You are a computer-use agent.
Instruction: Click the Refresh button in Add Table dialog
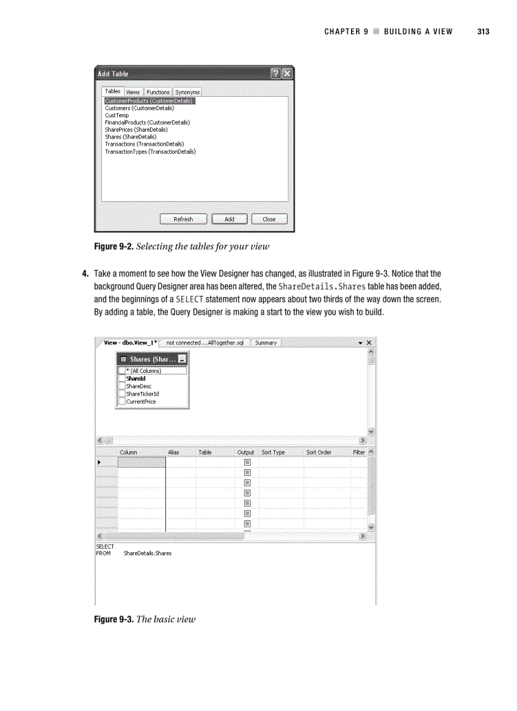[x=183, y=219]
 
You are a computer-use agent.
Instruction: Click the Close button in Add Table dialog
[x=269, y=219]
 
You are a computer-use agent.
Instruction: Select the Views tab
[x=133, y=92]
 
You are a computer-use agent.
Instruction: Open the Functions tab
[x=158, y=92]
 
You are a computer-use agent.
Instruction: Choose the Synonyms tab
[x=188, y=92]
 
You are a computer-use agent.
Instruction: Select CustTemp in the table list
[x=117, y=115]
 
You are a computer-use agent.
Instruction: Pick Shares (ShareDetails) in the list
[x=131, y=137]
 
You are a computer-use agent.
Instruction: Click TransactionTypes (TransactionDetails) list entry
[x=150, y=151]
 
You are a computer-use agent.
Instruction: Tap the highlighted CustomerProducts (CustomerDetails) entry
[x=149, y=101]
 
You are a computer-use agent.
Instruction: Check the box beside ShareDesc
[x=122, y=386]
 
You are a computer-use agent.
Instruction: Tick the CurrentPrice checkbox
[x=122, y=401]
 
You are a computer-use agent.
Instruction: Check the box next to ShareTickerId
[x=122, y=394]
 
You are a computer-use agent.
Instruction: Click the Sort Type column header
[x=273, y=453]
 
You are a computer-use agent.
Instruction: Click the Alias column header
[x=174, y=453]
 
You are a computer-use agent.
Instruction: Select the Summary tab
[x=266, y=343]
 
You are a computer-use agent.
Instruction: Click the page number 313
[x=483, y=32]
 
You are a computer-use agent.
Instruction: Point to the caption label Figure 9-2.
[x=113, y=246]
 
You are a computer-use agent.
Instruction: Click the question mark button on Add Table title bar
[x=276, y=73]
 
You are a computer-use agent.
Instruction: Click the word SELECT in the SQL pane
[x=105, y=546]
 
